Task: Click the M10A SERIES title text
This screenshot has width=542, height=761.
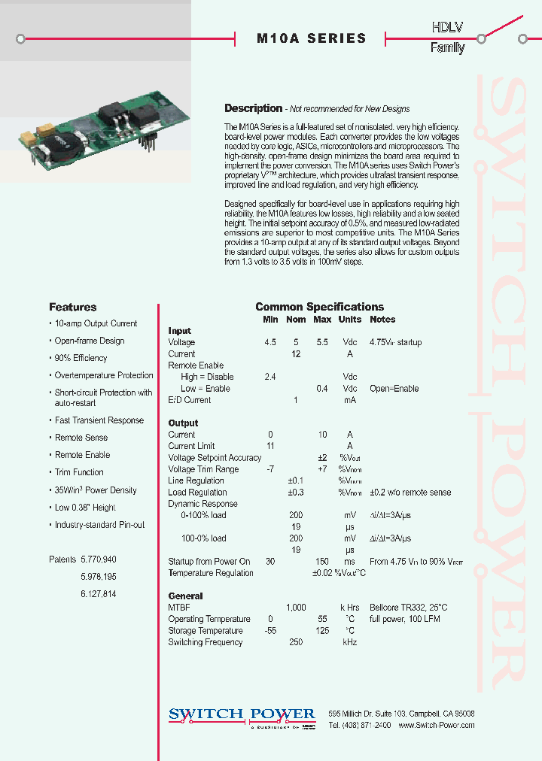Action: [311, 38]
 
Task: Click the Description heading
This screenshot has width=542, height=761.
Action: [253, 108]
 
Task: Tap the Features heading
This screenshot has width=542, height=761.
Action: [72, 307]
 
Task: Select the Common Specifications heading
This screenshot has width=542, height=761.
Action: [319, 307]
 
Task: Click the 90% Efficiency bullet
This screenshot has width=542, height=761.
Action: [81, 358]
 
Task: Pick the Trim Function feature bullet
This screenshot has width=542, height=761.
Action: [79, 472]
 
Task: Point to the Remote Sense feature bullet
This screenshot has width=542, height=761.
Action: [81, 438]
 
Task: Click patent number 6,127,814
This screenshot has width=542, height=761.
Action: [98, 593]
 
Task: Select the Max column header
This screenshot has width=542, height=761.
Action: [322, 320]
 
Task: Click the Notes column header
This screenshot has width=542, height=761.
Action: [382, 320]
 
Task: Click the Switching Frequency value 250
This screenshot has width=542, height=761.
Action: [296, 642]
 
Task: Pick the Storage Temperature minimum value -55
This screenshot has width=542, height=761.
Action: [270, 631]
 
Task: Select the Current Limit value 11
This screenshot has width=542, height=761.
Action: [270, 446]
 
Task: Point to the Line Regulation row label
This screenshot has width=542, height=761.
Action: [196, 481]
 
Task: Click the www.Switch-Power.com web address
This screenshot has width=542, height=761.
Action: [436, 725]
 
